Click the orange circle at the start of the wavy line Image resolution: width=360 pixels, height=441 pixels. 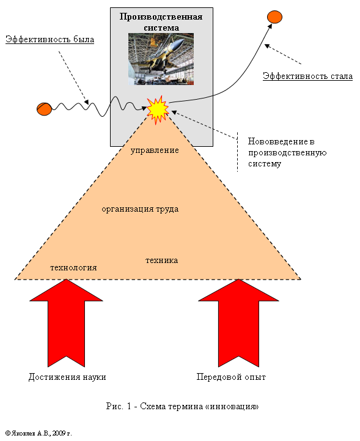pos(44,109)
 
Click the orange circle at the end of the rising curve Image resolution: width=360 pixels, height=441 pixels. pos(274,17)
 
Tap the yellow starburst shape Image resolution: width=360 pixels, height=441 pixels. pos(158,110)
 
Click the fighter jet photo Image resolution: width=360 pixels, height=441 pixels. pos(161,59)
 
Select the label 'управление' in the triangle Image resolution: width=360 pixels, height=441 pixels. pos(155,150)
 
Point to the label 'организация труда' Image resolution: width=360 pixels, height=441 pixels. pos(140,209)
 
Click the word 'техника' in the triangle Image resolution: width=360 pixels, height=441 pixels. pos(161,261)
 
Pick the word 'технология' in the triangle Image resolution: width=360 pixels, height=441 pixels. pos(73,268)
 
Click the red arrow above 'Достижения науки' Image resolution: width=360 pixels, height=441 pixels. pos(66,323)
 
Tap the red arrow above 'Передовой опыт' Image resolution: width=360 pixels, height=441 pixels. pos(238,323)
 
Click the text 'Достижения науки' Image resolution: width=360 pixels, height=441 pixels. pos(67,377)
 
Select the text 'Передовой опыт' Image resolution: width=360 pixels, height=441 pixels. pos(231,377)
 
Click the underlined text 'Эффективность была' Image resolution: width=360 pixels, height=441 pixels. pos(50,39)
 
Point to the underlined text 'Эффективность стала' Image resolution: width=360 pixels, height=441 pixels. pos(307,76)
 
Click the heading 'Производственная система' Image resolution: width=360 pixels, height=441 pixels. pos(161,22)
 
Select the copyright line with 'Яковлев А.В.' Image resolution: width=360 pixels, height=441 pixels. pos(39,433)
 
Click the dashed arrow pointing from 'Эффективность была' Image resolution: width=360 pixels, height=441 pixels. pos(73,78)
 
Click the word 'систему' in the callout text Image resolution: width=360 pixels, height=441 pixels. pos(265,164)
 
